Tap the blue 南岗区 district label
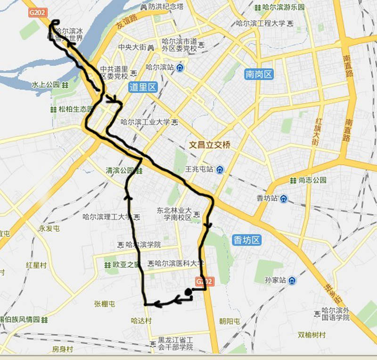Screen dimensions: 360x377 (x=259, y=74)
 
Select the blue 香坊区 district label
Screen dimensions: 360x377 (x=246, y=240)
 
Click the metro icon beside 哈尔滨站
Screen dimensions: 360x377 (x=180, y=67)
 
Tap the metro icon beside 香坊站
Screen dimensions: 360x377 (x=282, y=199)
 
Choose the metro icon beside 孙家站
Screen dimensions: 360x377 (x=293, y=281)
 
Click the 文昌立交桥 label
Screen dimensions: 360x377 (x=210, y=145)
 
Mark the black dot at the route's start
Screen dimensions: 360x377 (x=188, y=292)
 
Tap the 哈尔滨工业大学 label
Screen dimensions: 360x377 (x=145, y=122)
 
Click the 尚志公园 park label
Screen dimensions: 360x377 (x=312, y=180)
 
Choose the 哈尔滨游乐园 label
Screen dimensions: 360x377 (x=284, y=7)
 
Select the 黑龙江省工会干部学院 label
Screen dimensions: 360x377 (x=176, y=343)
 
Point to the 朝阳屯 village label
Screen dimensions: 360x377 (x=229, y=321)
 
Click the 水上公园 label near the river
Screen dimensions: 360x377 (x=46, y=85)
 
